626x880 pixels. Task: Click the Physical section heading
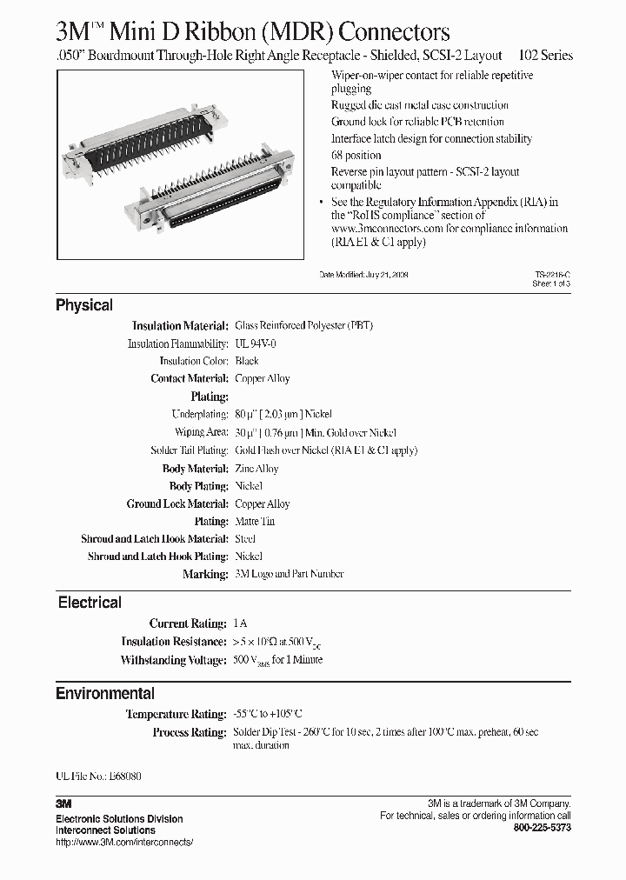84,305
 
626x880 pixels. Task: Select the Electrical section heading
90,603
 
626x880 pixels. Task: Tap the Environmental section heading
105,694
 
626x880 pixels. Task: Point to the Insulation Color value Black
247,361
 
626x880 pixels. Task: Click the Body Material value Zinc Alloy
256,469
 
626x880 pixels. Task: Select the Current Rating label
188,623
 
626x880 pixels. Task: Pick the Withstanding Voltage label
174,660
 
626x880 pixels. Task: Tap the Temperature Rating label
176,714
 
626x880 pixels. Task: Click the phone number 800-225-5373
543,828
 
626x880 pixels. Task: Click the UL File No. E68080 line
98,775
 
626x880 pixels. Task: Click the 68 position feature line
356,156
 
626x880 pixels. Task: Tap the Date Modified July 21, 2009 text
363,274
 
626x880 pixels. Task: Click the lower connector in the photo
217,200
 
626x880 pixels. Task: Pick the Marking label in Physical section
205,575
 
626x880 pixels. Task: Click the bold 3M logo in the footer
64,805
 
